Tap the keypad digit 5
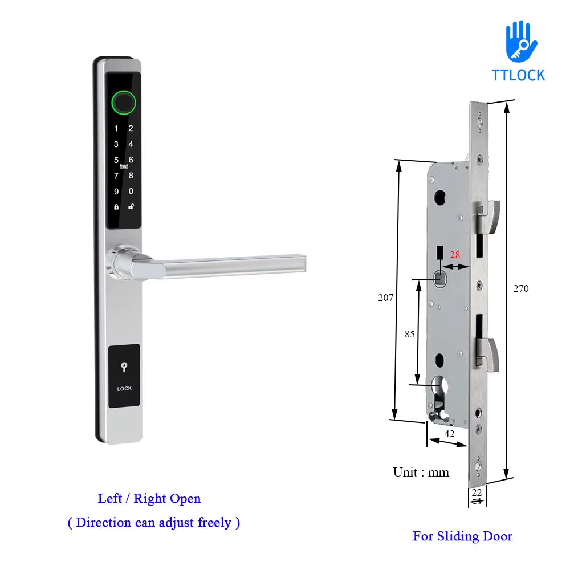coord(116,160)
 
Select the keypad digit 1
coord(116,129)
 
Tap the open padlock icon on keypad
coord(131,206)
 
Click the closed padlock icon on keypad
coord(116,207)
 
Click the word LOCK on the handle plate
coord(124,389)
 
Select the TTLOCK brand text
coord(518,75)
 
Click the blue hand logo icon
coord(520,41)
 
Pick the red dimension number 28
coord(455,255)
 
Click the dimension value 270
coord(520,288)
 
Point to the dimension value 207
coord(386,298)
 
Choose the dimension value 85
coord(410,335)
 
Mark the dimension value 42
coord(449,433)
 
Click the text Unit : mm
coord(421,472)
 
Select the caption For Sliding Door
coord(462,536)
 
